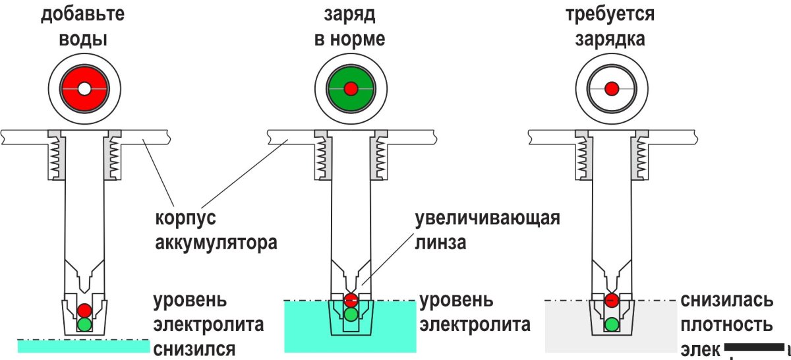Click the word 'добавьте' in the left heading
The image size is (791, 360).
(83, 14)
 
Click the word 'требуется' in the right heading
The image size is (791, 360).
(610, 14)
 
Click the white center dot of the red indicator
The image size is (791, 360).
(84, 88)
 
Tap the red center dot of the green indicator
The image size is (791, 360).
(351, 88)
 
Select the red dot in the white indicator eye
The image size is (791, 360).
(612, 88)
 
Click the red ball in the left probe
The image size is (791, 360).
(84, 310)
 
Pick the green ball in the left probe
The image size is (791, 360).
(84, 324)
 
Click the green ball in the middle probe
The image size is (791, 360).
(351, 314)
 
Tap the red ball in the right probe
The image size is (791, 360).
(612, 301)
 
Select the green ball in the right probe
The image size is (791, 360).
(612, 324)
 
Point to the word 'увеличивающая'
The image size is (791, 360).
(487, 218)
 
